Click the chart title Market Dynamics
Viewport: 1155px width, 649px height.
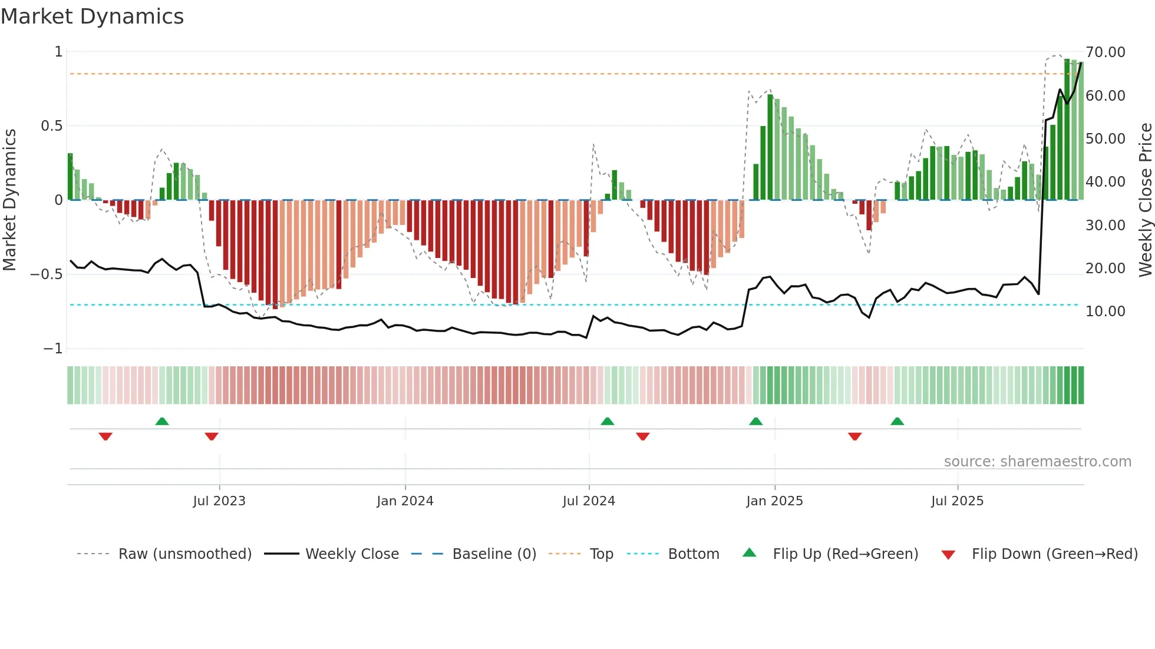(93, 16)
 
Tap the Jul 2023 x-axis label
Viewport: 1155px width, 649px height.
(219, 501)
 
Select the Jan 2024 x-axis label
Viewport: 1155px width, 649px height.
(405, 501)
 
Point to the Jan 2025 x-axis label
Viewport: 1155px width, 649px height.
(774, 501)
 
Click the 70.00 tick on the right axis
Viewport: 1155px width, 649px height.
(1105, 52)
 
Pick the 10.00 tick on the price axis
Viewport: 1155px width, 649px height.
(1105, 312)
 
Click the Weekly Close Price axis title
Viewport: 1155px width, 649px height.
(1145, 200)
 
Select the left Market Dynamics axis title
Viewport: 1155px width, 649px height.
(9, 200)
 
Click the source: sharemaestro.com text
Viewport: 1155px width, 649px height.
(1037, 462)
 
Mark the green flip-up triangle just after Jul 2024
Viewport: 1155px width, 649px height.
(607, 422)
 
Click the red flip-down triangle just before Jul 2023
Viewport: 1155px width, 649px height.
(212, 436)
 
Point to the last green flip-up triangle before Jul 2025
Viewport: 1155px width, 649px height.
(897, 422)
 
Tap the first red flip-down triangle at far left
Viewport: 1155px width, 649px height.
(105, 436)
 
